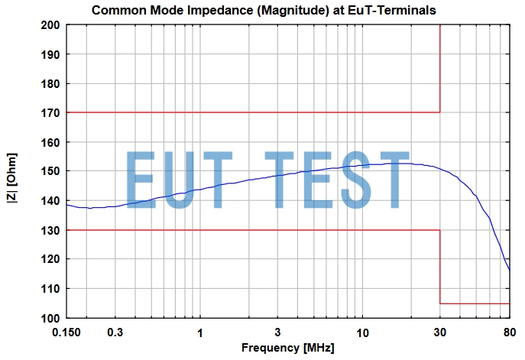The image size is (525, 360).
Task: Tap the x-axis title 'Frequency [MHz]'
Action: (x=288, y=348)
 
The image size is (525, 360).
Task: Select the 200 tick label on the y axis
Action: (x=52, y=25)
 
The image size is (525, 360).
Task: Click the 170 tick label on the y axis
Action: (x=52, y=113)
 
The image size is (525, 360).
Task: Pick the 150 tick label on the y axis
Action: (x=52, y=171)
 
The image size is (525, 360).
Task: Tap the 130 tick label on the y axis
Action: (x=52, y=230)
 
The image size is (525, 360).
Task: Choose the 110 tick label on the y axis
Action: (x=52, y=289)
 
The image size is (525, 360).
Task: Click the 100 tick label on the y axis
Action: (x=52, y=318)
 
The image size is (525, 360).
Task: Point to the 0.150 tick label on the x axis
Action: (x=67, y=332)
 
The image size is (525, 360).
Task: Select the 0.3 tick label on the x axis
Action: (x=115, y=332)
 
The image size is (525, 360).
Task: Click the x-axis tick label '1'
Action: (x=200, y=332)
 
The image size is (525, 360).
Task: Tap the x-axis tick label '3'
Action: (x=277, y=332)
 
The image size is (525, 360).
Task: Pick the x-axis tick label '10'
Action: (x=362, y=332)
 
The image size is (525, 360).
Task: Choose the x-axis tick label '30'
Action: (x=440, y=332)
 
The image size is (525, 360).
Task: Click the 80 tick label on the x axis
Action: (x=509, y=332)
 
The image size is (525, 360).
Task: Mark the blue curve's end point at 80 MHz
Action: (x=510, y=271)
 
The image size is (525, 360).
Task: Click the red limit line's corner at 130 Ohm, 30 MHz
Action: (x=440, y=230)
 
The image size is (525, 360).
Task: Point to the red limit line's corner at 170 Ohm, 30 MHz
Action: (x=440, y=113)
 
